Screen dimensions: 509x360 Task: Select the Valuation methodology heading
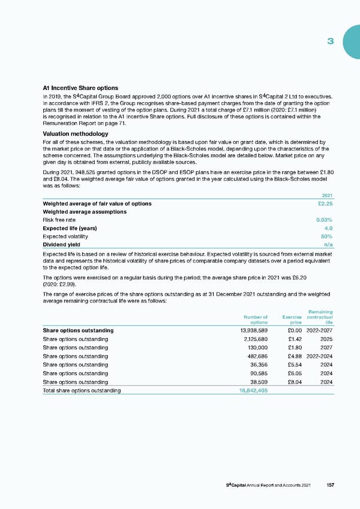point(75,133)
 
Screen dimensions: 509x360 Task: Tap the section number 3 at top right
point(330,41)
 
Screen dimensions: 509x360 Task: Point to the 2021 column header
point(328,195)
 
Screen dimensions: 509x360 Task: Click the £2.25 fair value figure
point(325,203)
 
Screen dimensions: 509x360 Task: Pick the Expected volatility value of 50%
point(327,236)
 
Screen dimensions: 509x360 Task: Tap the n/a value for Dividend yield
point(328,245)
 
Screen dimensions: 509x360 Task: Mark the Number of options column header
point(255,319)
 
